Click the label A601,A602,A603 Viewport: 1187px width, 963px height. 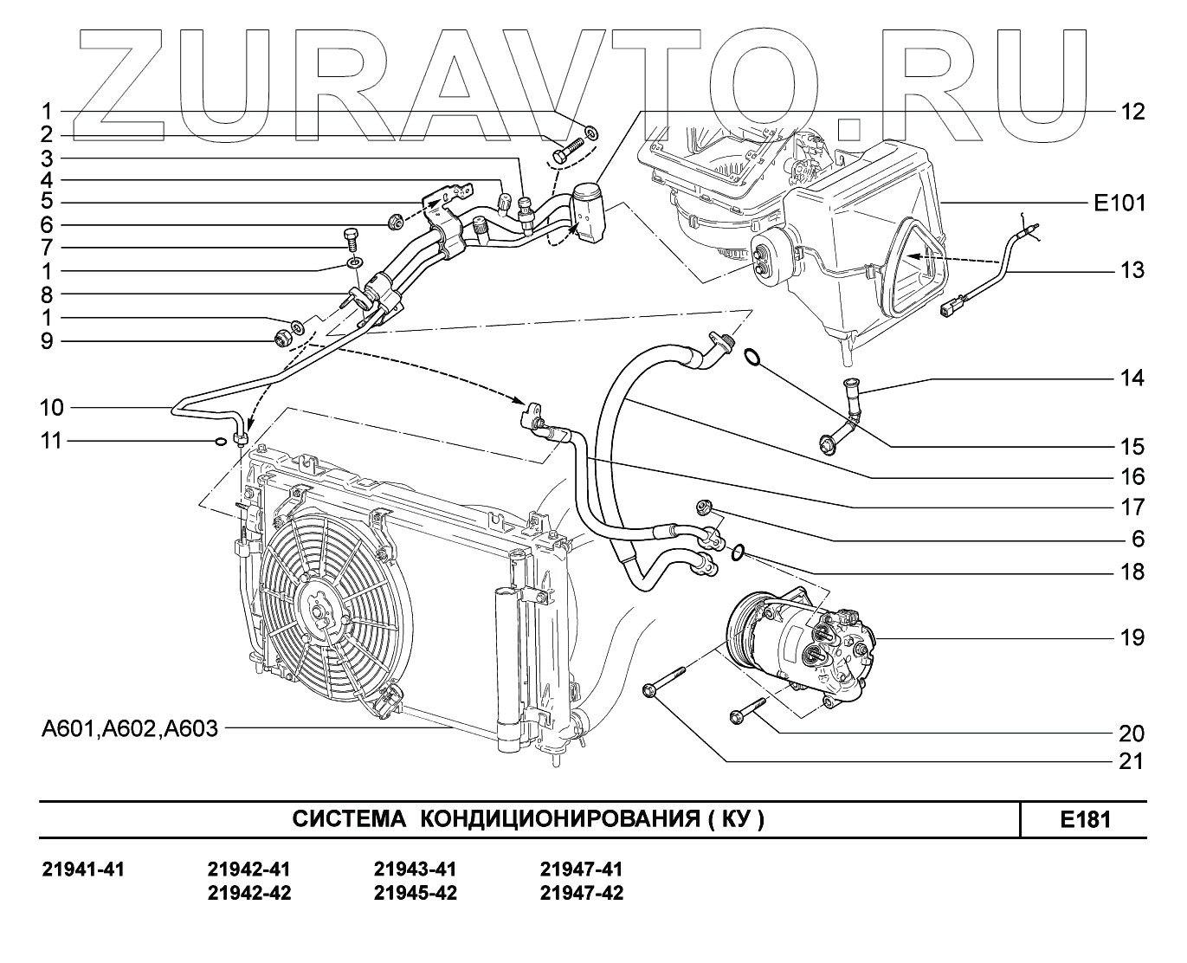tap(130, 728)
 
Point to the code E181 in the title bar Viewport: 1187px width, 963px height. tap(1085, 819)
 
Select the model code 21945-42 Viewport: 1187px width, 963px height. tap(416, 893)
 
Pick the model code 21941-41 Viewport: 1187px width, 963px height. tap(83, 869)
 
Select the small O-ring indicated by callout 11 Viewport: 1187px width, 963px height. tap(220, 443)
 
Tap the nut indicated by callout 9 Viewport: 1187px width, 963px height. tap(281, 338)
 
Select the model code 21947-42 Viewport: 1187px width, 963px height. tap(581, 893)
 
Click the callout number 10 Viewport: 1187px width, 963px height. tap(52, 407)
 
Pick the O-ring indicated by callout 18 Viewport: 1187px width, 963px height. tap(737, 551)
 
